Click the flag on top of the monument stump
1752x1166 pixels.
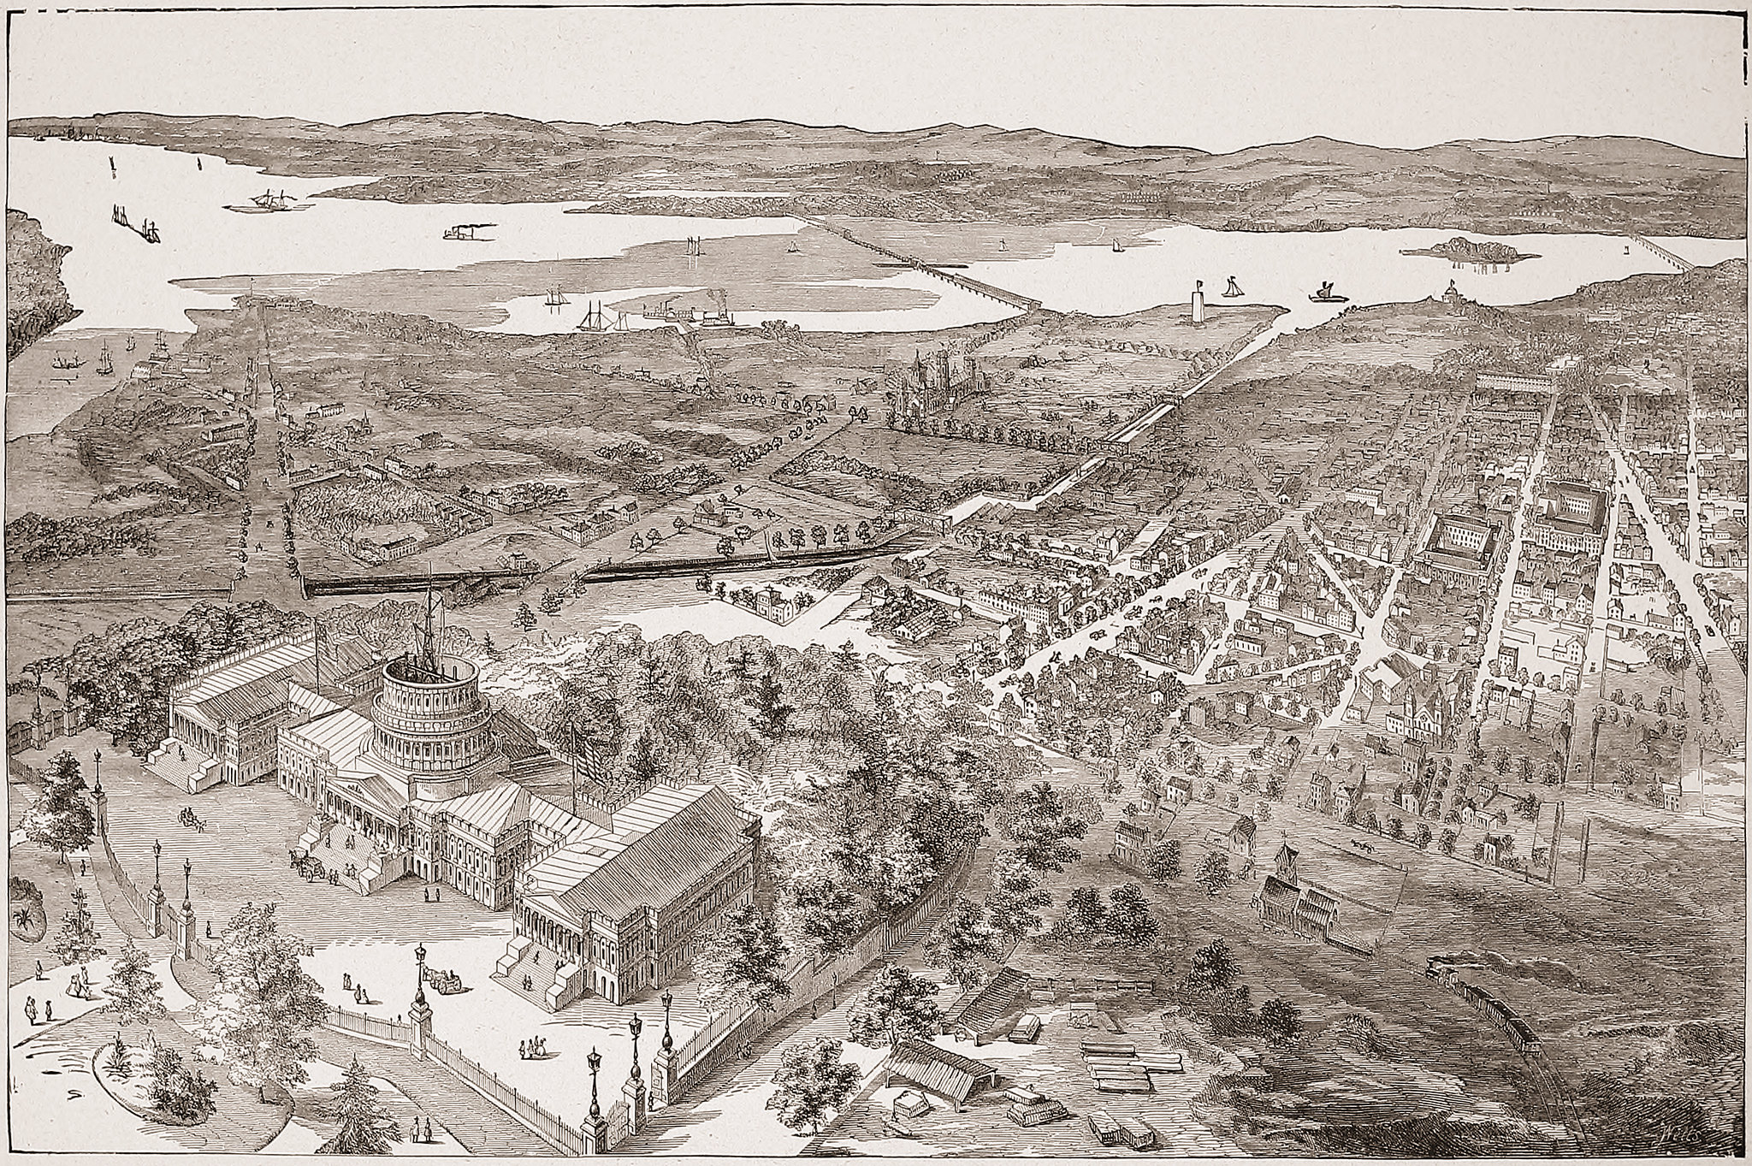pyautogui.click(x=1202, y=284)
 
